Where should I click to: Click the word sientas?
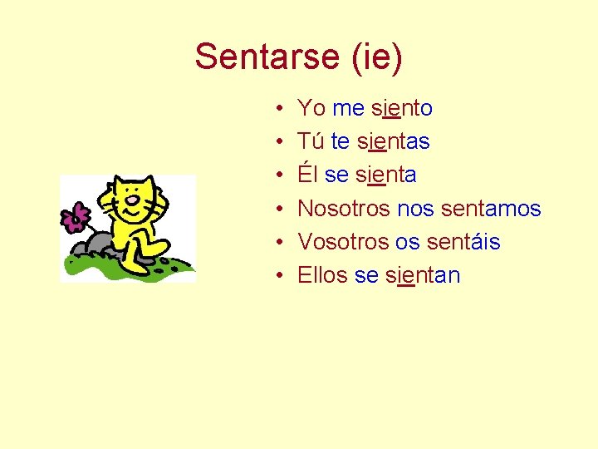coord(394,142)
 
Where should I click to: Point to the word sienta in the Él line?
coord(385,175)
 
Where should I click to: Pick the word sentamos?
coord(491,209)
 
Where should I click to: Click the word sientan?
coord(423,275)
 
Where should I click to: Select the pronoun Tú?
coord(311,142)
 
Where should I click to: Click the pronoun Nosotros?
coord(344,209)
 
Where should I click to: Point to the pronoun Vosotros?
coord(343,242)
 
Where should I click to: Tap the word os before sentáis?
coord(406,242)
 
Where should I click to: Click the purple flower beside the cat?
coord(75,218)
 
